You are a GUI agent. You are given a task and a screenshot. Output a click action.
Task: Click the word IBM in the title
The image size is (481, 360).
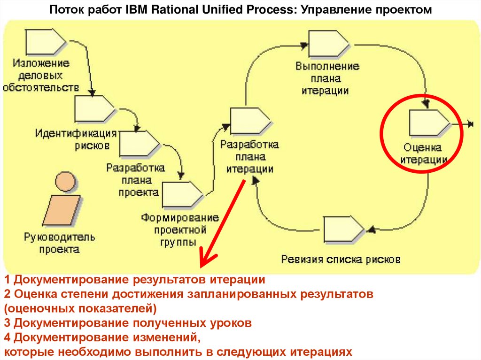(135, 9)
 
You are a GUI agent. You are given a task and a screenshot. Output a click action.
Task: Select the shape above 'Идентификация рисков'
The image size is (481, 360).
(94, 109)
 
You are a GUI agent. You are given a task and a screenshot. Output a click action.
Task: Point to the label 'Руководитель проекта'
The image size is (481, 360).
(59, 243)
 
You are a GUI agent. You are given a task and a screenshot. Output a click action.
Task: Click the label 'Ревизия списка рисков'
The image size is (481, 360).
(341, 259)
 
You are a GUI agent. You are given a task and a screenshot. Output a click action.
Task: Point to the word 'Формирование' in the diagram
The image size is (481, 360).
(180, 218)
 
